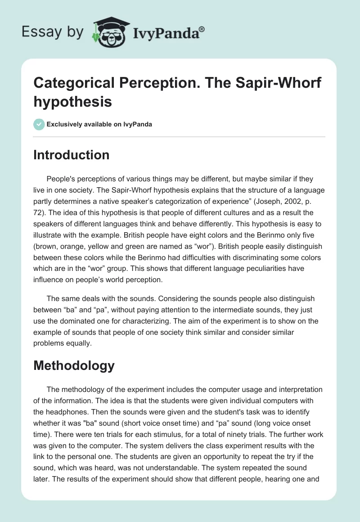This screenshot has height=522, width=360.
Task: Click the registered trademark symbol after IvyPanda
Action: [202, 30]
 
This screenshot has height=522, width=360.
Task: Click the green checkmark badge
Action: [39, 124]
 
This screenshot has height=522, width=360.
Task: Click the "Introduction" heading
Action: [71, 155]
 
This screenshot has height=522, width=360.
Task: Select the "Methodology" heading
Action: [74, 365]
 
